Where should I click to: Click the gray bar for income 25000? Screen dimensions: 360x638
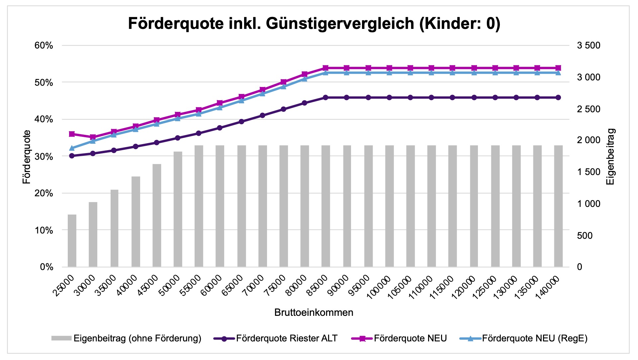(x=72, y=241)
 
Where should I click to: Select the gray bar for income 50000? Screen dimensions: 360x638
(x=178, y=209)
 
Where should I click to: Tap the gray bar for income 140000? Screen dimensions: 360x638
(x=558, y=206)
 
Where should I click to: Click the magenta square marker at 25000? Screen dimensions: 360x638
(x=72, y=134)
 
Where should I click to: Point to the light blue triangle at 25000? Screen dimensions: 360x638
(x=72, y=148)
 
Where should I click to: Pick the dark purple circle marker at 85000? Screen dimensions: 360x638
(x=325, y=98)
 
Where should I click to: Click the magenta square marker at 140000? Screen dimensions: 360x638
(x=558, y=68)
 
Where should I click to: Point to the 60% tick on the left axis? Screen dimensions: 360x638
(x=44, y=45)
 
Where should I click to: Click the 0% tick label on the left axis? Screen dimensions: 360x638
(x=46, y=267)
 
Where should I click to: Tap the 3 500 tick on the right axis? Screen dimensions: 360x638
(x=589, y=45)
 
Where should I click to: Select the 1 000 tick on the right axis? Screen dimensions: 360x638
(x=589, y=204)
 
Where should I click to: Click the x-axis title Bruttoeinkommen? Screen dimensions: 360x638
(x=314, y=313)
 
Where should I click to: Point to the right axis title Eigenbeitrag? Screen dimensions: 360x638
(x=610, y=156)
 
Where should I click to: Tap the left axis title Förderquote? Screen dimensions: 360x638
(x=27, y=156)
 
